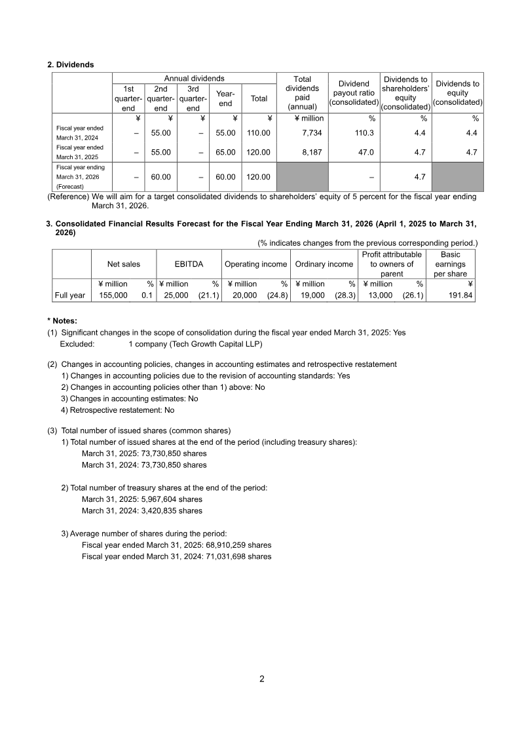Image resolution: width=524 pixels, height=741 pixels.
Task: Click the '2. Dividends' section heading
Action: pos(71,65)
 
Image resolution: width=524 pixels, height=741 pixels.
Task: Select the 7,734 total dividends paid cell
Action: pos(311,133)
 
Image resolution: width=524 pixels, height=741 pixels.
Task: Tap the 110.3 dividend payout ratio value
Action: pos(363,133)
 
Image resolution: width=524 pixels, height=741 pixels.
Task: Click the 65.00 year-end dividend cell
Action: pos(225,152)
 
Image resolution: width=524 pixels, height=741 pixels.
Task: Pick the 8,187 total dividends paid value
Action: pos(311,152)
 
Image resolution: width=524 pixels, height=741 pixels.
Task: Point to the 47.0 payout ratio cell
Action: pos(364,152)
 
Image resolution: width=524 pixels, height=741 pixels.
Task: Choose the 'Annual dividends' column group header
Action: pos(194,79)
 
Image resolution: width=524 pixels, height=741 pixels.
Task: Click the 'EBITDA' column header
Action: pos(189,264)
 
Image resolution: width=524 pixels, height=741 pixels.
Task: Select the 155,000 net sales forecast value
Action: pos(113,295)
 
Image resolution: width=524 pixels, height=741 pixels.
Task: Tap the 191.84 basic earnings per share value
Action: pos(458,295)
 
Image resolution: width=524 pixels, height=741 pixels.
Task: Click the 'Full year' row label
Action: pos(69,295)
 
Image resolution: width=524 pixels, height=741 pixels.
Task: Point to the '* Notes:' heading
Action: pos(62,320)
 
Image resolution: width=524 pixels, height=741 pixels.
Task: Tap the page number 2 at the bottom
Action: pos(262,679)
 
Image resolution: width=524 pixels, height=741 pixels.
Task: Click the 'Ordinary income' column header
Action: pos(324,264)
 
